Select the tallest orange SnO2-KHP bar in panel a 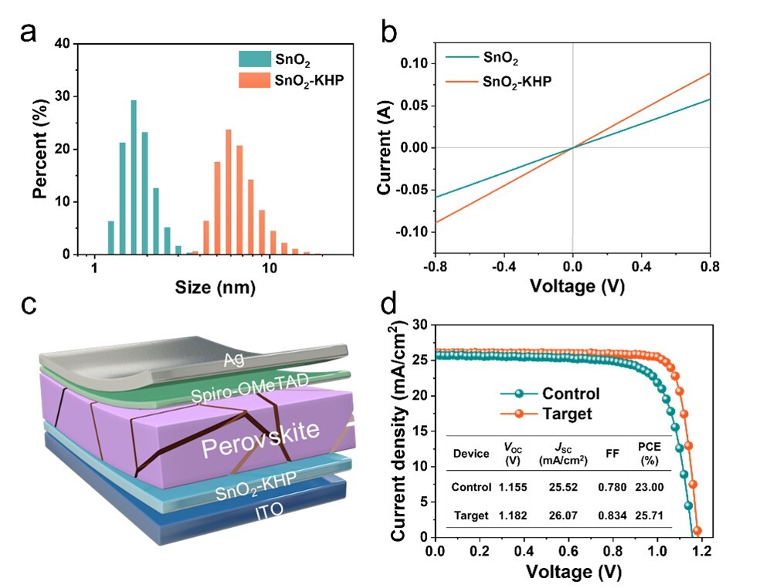229,191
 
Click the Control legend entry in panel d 571,394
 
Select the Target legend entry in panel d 565,414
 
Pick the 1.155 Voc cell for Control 512,487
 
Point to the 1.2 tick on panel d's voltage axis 702,553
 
